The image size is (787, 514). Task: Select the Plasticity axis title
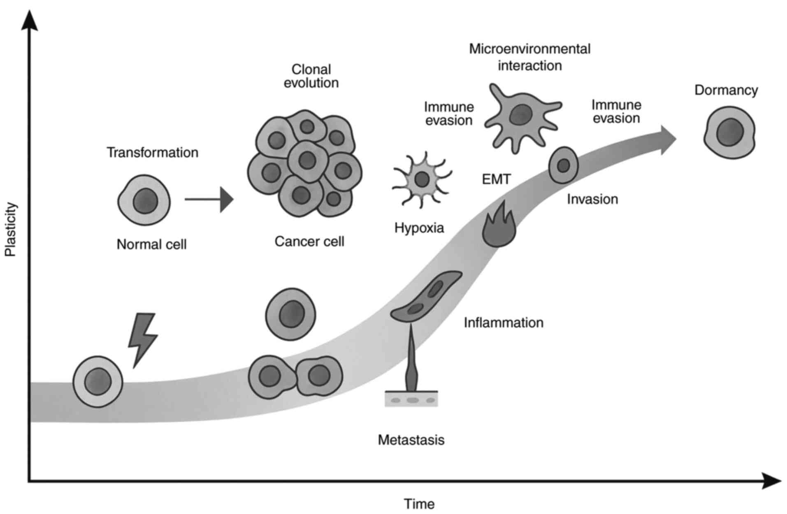[11, 229]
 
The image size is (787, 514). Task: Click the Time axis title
[419, 504]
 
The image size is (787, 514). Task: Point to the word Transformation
[152, 153]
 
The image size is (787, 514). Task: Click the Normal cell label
[151, 244]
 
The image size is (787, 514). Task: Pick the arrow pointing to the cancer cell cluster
[209, 200]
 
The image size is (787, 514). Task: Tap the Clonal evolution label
[311, 76]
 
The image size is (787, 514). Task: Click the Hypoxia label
[419, 228]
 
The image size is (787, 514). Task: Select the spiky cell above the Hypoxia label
[422, 179]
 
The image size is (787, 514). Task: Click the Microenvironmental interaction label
[529, 57]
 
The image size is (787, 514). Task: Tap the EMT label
[496, 179]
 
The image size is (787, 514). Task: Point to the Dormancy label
[726, 90]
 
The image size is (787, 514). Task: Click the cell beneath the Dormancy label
[729, 133]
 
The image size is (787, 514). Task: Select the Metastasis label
[411, 440]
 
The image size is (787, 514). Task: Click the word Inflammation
[503, 323]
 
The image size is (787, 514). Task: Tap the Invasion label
[592, 199]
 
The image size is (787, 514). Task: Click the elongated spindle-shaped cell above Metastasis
[426, 295]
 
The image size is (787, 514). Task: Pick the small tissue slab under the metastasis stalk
[411, 399]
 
